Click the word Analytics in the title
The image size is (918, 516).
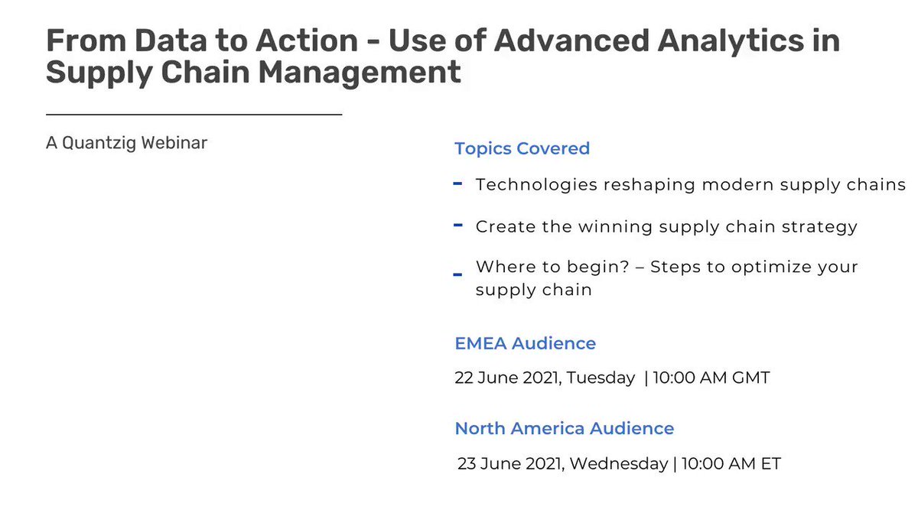click(x=731, y=42)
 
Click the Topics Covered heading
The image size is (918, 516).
click(x=522, y=148)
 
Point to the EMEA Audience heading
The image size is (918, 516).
click(x=526, y=343)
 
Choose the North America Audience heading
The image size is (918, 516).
click(x=565, y=428)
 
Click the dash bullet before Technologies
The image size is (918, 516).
click(x=457, y=184)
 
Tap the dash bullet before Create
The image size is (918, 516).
click(x=458, y=225)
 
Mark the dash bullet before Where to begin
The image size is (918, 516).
click(x=457, y=274)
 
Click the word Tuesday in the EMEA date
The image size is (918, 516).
click(x=601, y=378)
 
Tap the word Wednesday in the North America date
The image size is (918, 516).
click(x=619, y=464)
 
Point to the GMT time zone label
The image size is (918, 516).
click(x=751, y=378)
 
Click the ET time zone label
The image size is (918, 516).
click(x=771, y=463)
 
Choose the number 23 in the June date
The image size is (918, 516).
click(x=467, y=463)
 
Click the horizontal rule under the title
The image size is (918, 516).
click(x=194, y=115)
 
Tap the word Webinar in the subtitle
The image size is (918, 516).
click(x=174, y=144)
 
